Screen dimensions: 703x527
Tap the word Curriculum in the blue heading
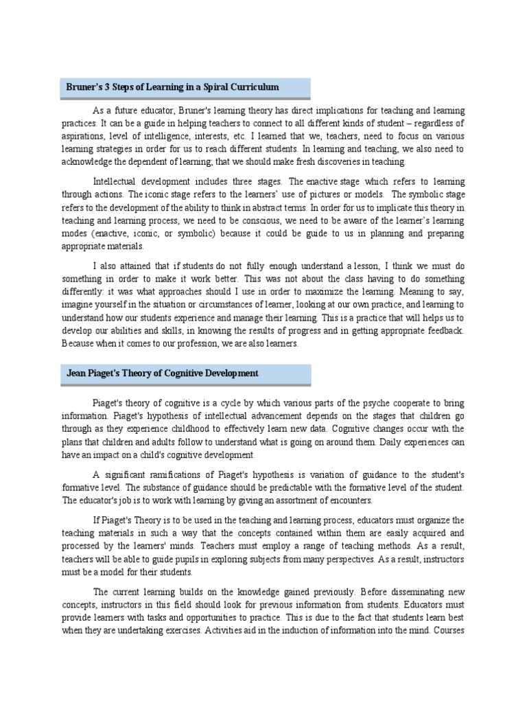pyautogui.click(x=253, y=87)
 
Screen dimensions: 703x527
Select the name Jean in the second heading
pyautogui.click(x=78, y=373)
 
